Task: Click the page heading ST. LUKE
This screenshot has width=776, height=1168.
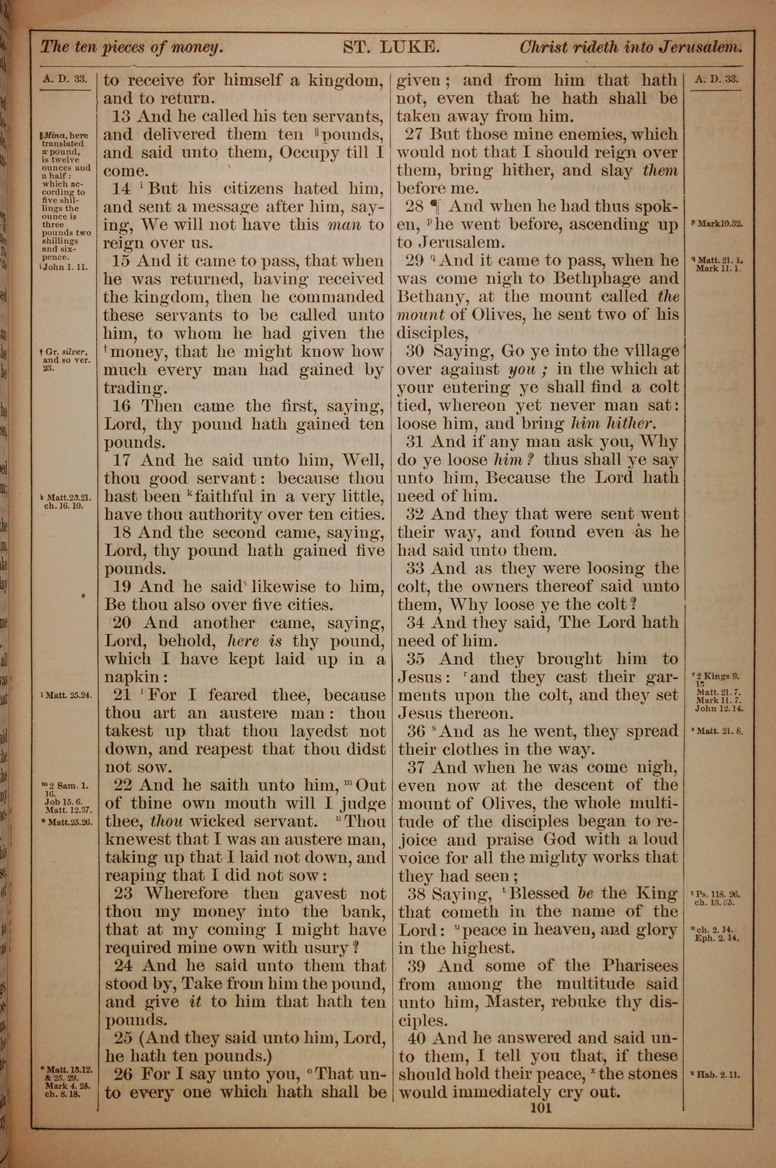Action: (x=391, y=47)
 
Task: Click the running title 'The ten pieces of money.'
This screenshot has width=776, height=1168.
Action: (x=132, y=47)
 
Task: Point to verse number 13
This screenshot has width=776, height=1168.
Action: (x=121, y=116)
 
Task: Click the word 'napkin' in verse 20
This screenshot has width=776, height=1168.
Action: (x=133, y=677)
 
